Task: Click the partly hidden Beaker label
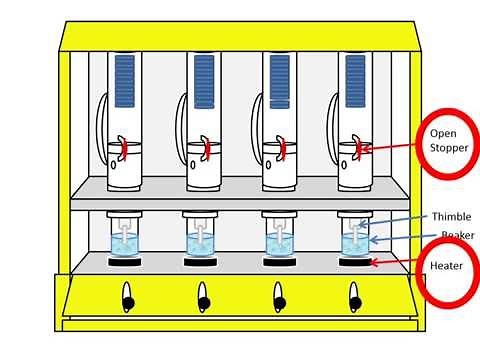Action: coord(456,236)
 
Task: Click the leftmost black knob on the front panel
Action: coord(127,297)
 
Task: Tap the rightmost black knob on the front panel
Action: coord(354,297)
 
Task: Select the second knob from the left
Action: coord(203,297)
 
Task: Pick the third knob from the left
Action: coord(279,297)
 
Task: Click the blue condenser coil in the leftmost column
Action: coord(125,81)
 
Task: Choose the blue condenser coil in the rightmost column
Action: coord(355,81)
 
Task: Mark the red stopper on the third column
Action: coord(282,148)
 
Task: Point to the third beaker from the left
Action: coord(279,242)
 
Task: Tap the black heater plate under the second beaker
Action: coord(203,264)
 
